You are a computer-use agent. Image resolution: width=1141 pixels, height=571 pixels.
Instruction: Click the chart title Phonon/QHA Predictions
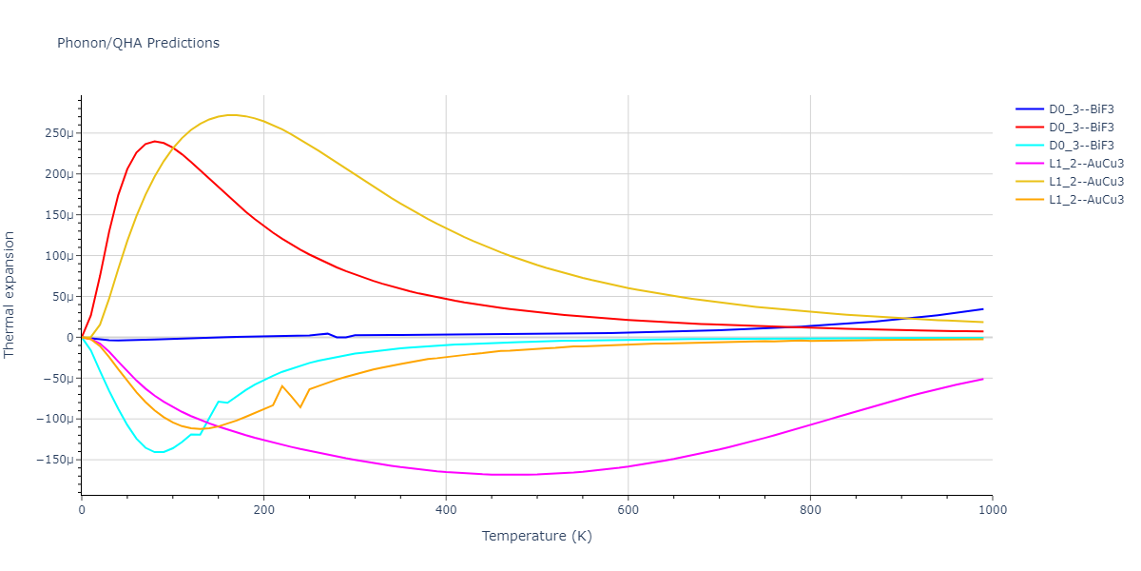pyautogui.click(x=138, y=43)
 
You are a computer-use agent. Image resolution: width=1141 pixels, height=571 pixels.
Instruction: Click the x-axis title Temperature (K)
pyautogui.click(x=536, y=536)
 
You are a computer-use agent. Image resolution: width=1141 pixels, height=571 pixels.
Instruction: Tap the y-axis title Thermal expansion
pyautogui.click(x=10, y=294)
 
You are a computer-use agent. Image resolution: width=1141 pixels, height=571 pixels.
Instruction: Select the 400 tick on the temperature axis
pyautogui.click(x=446, y=510)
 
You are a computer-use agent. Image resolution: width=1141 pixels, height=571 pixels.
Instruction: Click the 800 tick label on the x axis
pyautogui.click(x=810, y=510)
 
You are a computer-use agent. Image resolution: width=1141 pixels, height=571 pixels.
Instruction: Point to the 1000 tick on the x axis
pyautogui.click(x=992, y=510)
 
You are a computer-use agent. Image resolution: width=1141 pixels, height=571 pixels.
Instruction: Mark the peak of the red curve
pyautogui.click(x=155, y=141)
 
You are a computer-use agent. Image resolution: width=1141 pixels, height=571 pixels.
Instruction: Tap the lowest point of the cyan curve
pyautogui.click(x=159, y=452)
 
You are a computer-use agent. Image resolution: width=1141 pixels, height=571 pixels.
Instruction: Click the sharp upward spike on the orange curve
pyautogui.click(x=282, y=385)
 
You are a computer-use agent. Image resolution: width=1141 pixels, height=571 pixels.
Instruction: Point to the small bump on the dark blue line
pyautogui.click(x=327, y=333)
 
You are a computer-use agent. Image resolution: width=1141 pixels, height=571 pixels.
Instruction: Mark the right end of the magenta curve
pyautogui.click(x=982, y=379)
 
